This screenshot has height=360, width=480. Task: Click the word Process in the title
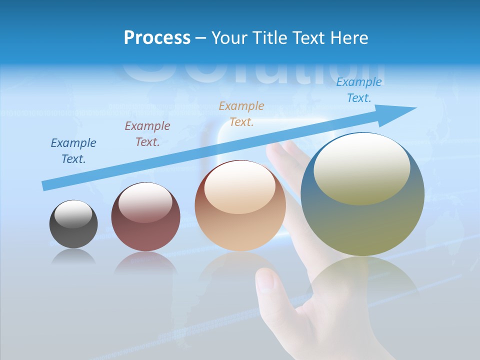(x=157, y=38)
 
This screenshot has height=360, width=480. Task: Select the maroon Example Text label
(x=147, y=134)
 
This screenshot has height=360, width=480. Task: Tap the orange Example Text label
(x=241, y=114)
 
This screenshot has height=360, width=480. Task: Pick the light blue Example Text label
(x=359, y=90)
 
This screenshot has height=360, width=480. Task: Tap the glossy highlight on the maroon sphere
(x=145, y=202)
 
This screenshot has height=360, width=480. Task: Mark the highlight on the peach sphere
(x=240, y=189)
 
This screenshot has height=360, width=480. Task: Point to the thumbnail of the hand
(x=266, y=280)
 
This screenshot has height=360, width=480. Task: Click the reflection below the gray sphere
(x=73, y=257)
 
